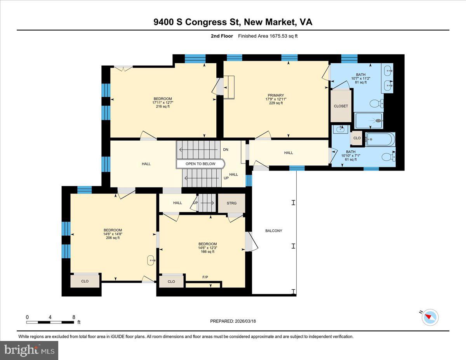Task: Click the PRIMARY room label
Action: pyautogui.click(x=276, y=95)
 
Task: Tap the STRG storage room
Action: pyautogui.click(x=231, y=203)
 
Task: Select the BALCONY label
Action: pyautogui.click(x=274, y=231)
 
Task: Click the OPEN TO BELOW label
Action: pyautogui.click(x=200, y=164)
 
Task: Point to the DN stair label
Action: pyautogui.click(x=226, y=150)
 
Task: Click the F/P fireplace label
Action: pyautogui.click(x=205, y=277)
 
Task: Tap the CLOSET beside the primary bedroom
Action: pyautogui.click(x=341, y=106)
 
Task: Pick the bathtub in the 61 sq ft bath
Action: pyautogui.click(x=380, y=139)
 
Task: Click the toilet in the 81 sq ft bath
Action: pyautogui.click(x=377, y=104)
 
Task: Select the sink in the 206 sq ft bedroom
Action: pyautogui.click(x=151, y=261)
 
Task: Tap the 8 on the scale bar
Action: pyautogui.click(x=74, y=317)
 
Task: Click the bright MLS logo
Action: pyautogui.click(x=29, y=350)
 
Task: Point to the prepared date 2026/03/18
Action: pyautogui.click(x=245, y=321)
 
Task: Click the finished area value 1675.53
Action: pyautogui.click(x=278, y=36)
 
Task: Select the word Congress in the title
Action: pyautogui.click(x=206, y=22)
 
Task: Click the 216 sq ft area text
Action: pyautogui.click(x=163, y=106)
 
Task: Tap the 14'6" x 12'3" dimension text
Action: pyautogui.click(x=208, y=248)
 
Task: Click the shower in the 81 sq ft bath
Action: pyautogui.click(x=369, y=121)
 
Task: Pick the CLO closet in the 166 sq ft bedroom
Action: pyautogui.click(x=171, y=281)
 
